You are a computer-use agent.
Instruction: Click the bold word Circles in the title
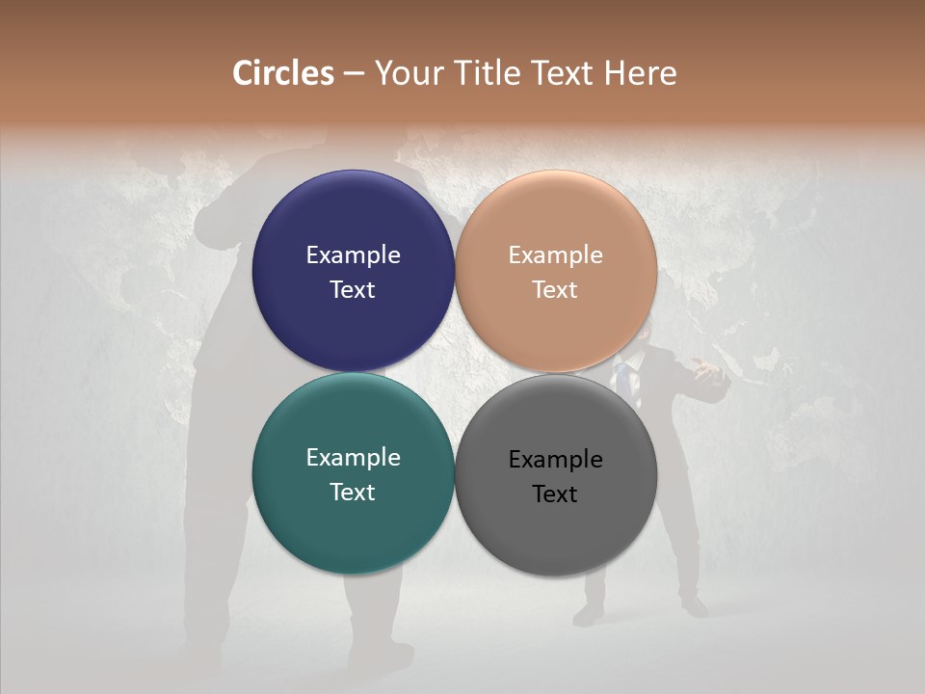pyautogui.click(x=282, y=73)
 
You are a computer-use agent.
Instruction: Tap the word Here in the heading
pyautogui.click(x=640, y=73)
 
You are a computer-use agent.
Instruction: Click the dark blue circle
pyautogui.click(x=353, y=222)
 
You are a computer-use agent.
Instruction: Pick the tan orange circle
pyautogui.click(x=556, y=222)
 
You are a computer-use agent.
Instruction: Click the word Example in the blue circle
pyautogui.click(x=353, y=255)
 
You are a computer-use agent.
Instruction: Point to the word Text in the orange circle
pyautogui.click(x=555, y=290)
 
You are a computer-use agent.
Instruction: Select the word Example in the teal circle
pyautogui.click(x=353, y=458)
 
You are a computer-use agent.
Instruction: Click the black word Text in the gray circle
pyautogui.click(x=555, y=494)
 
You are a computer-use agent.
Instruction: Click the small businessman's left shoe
pyautogui.click(x=588, y=614)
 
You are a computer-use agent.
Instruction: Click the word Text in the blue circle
pyautogui.click(x=353, y=290)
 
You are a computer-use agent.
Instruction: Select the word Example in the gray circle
pyautogui.click(x=555, y=460)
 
